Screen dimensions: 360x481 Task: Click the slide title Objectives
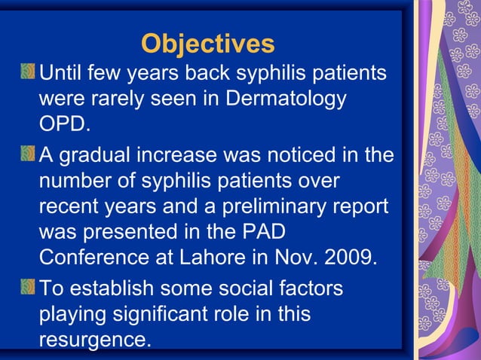pyautogui.click(x=207, y=44)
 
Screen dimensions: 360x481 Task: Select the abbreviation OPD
pyautogui.click(x=63, y=124)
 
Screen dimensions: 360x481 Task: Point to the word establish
pyautogui.click(x=107, y=288)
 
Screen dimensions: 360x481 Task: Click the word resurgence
pyautogui.click(x=93, y=340)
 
